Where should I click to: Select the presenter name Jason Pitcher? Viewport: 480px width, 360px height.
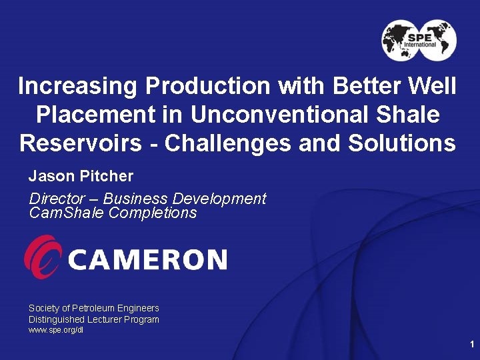pos(81,177)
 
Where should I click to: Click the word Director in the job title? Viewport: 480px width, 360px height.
pos(56,199)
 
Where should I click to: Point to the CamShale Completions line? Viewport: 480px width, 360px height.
pos(113,213)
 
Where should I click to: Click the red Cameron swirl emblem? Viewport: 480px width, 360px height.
pos(43,257)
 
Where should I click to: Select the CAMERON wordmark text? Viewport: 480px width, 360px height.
pos(147,259)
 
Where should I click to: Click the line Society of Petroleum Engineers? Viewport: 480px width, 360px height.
pos(94,308)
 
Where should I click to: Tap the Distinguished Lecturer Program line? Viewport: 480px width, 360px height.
pos(94,319)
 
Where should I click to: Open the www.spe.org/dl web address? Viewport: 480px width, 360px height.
pos(56,330)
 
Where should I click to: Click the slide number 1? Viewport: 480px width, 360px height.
pos(471,344)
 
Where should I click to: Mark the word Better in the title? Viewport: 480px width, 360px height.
pos(369,86)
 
